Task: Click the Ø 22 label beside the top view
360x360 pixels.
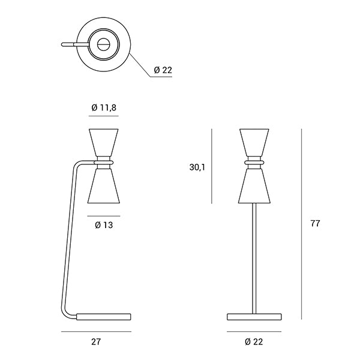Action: point(163,70)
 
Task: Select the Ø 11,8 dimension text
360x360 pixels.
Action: point(104,107)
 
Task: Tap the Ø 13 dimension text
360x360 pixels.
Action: point(104,225)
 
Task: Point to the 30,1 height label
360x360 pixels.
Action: point(197,167)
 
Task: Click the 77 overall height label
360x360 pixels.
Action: point(315,223)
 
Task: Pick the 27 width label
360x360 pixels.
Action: point(96,341)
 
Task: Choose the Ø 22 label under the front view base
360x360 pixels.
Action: point(254,341)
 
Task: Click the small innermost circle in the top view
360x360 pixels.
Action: point(104,44)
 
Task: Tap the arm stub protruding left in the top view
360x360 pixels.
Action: point(75,44)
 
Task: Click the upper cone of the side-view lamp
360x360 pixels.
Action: point(104,143)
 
